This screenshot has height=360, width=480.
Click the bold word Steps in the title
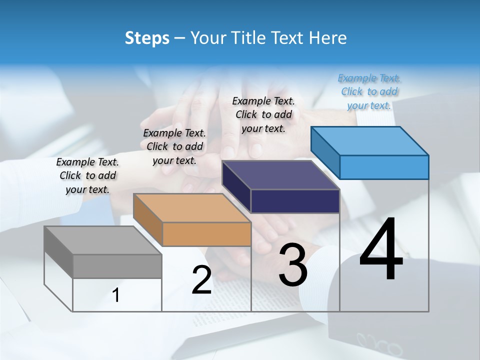(x=147, y=38)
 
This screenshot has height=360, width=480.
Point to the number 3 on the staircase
(x=292, y=264)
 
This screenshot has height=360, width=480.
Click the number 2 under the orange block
(x=201, y=280)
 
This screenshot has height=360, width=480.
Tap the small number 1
(x=116, y=295)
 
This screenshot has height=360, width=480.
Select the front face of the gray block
(x=117, y=266)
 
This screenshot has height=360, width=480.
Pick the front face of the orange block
(x=206, y=234)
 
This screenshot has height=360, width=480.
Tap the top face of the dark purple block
(x=280, y=175)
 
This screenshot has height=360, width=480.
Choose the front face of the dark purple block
(x=295, y=201)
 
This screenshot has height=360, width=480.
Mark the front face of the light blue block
(x=384, y=167)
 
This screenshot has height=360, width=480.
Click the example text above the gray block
(x=87, y=175)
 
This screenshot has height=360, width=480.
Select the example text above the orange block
(x=174, y=146)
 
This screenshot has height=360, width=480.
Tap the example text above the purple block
(x=263, y=114)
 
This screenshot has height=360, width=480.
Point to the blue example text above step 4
(x=369, y=91)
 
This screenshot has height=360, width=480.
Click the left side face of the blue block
(x=325, y=152)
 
